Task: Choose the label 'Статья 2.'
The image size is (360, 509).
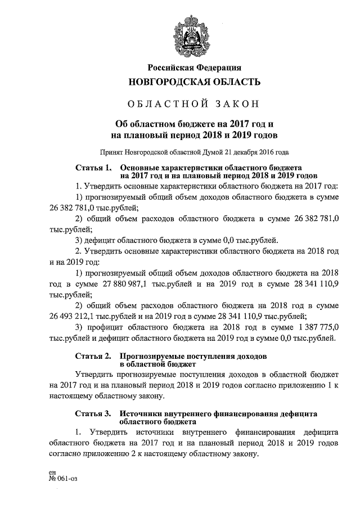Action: tap(93, 357)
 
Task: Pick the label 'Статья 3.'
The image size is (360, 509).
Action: tap(93, 413)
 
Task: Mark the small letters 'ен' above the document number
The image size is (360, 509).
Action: tap(53, 473)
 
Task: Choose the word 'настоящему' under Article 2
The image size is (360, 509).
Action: tap(71, 396)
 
